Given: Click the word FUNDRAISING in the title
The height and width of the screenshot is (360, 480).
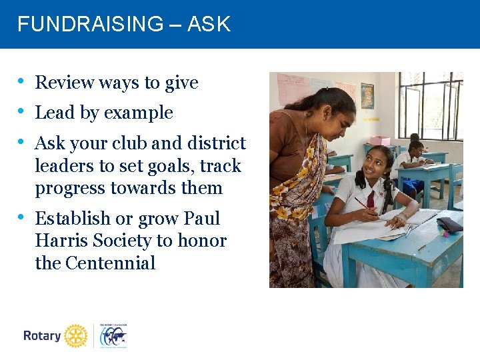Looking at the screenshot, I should coord(89,25).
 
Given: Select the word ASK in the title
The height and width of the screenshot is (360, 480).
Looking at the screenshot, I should coord(209,25).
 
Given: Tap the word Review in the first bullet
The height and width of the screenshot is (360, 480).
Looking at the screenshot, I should coord(64,83).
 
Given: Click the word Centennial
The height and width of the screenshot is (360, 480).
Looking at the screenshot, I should coord(110,263).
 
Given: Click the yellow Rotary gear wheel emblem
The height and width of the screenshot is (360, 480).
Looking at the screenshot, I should coord(76,336).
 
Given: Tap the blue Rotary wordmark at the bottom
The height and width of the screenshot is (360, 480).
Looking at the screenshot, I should coord(42,336).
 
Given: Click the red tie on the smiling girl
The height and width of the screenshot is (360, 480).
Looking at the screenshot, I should coord(371,198).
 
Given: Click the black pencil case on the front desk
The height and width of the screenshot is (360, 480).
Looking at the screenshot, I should coord(450,225).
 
